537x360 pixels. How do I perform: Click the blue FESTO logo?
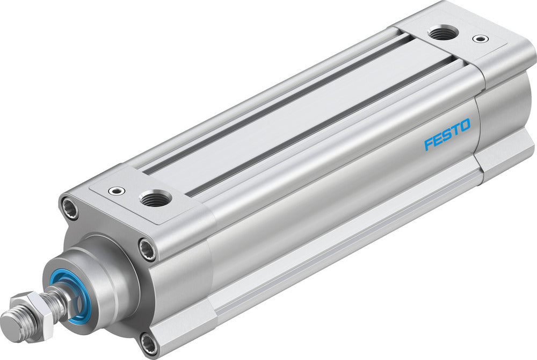pyautogui.click(x=447, y=134)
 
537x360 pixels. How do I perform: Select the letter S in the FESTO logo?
pyautogui.click(x=447, y=135)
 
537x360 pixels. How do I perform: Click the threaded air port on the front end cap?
pyautogui.click(x=155, y=199)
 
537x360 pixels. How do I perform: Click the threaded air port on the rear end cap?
pyautogui.click(x=444, y=33)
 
